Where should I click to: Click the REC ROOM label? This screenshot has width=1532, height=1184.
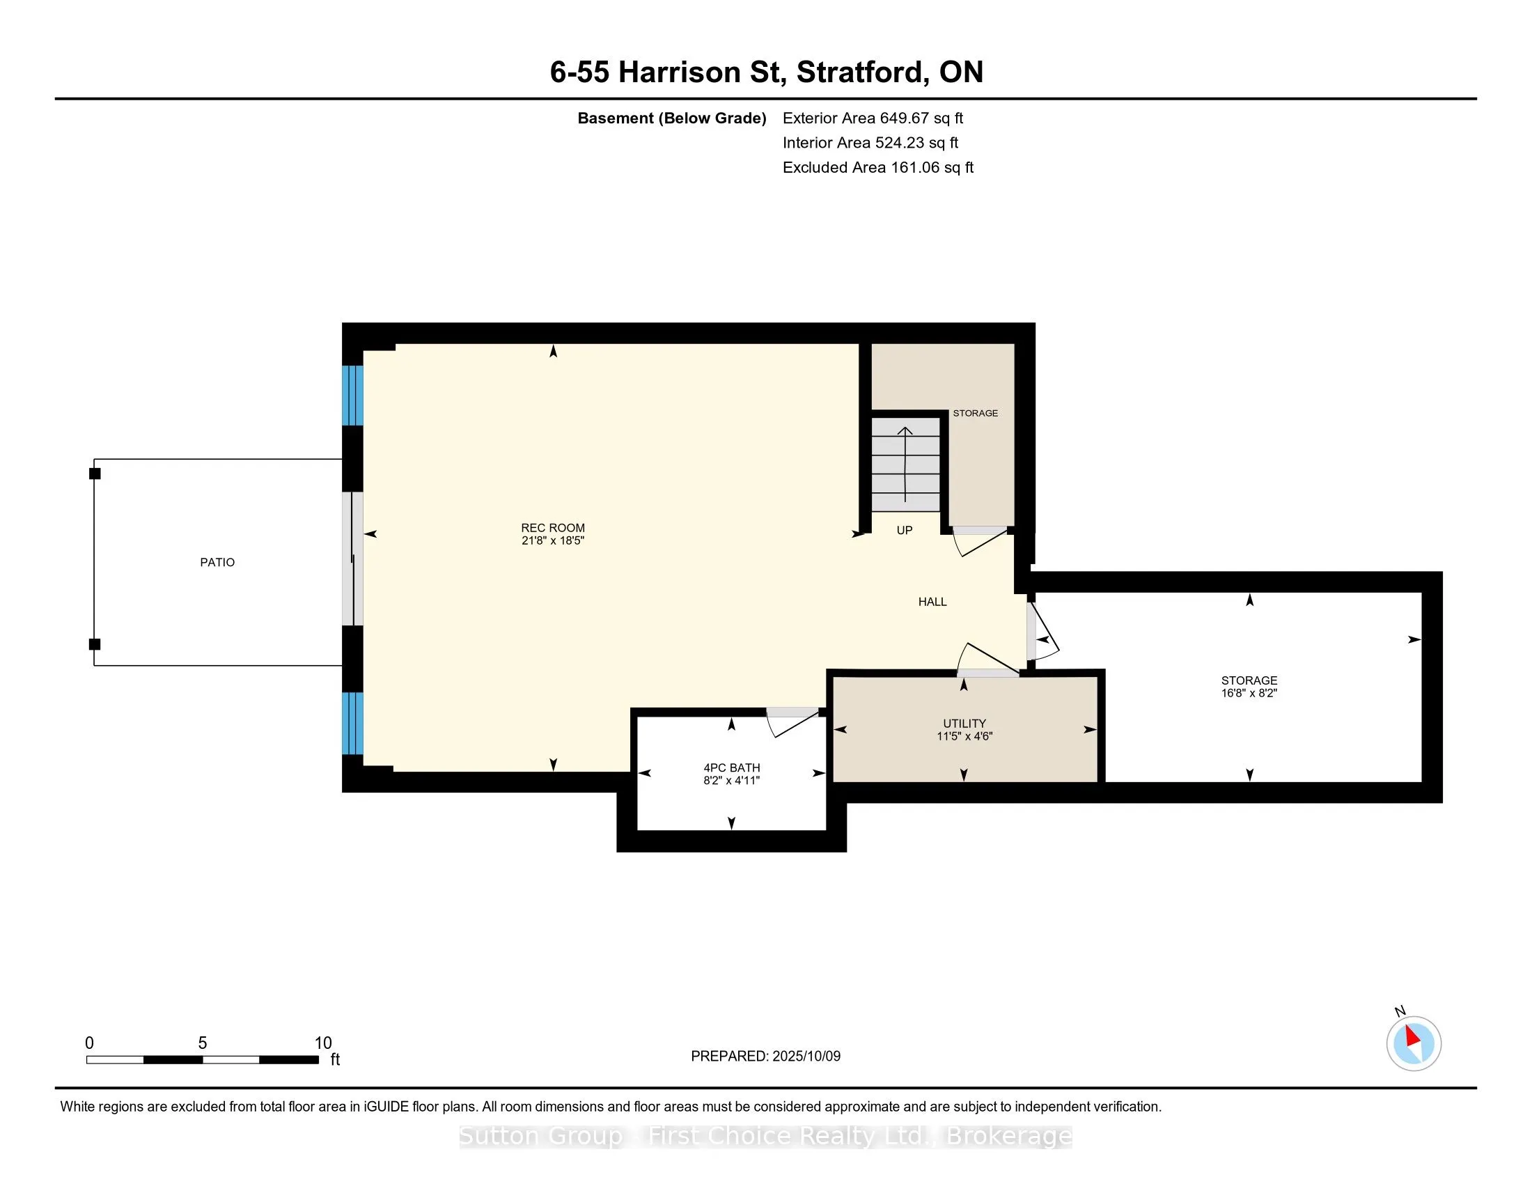pos(553,527)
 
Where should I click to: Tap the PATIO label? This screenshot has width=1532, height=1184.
pos(217,562)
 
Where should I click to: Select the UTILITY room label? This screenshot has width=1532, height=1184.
pos(964,723)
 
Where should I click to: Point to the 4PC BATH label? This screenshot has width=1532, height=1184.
pos(732,768)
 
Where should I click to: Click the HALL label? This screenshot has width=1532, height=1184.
pos(932,601)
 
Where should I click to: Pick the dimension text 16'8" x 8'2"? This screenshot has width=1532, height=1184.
pos(1249,693)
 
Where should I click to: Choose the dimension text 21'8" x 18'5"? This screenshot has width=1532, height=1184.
pos(553,540)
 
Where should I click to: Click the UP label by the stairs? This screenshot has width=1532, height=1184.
pos(904,530)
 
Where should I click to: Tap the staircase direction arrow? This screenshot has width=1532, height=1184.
pos(905,465)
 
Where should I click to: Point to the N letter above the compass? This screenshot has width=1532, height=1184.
pos(1400,1011)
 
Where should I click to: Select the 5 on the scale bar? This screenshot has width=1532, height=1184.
pos(202,1043)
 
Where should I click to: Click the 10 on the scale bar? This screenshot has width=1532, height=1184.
pos(322,1043)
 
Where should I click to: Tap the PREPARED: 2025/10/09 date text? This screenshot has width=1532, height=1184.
pos(765,1057)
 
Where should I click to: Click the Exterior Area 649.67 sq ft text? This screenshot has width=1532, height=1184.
pos(873,118)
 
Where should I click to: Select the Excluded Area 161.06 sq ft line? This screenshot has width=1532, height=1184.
pos(878,168)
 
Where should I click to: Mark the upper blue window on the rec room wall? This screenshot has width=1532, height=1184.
pos(352,396)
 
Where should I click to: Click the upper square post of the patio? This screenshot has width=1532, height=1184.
pos(95,474)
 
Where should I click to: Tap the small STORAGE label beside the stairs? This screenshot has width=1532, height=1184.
pos(975,413)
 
